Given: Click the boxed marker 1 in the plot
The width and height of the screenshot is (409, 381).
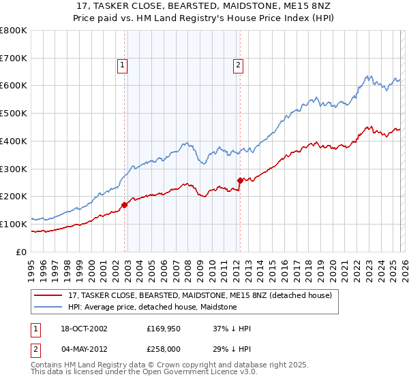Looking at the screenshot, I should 122,65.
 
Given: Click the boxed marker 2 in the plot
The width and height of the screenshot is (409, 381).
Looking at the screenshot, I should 238,65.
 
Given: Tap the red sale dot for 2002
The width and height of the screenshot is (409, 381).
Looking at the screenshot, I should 125,204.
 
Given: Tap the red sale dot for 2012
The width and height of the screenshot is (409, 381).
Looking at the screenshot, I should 240,180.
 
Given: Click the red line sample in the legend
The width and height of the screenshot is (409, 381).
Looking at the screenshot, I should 47,295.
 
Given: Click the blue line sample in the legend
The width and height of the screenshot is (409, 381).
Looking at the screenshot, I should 47,307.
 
